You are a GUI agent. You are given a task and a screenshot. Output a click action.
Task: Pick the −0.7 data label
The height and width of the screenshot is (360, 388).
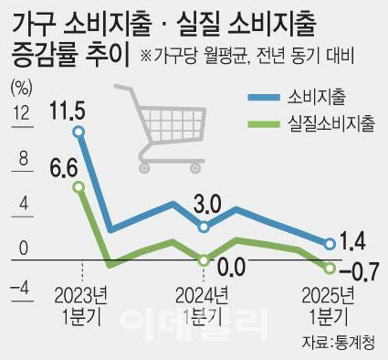click(357, 270)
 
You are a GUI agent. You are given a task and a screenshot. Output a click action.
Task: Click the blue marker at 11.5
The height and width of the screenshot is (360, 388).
click(79, 132)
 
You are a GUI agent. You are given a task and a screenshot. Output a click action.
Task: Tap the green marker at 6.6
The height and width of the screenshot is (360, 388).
click(79, 187)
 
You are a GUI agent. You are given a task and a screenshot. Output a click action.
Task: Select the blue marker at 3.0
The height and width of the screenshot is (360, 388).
click(204, 226)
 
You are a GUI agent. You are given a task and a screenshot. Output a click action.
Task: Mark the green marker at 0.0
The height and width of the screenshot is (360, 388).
click(204, 260)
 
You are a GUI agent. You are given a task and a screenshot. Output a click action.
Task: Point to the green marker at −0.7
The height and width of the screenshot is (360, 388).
click(329, 267)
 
